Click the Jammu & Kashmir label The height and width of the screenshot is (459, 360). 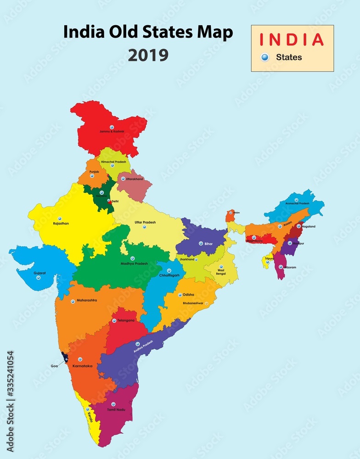point(112,132)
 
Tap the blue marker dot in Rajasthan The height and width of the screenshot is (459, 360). point(60,218)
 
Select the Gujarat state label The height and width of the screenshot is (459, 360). point(39,273)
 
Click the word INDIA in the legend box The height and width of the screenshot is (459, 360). point(292,39)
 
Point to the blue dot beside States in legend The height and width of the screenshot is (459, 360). point(264,57)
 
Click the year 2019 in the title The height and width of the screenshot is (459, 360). point(148,55)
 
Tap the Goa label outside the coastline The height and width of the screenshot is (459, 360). point(55,366)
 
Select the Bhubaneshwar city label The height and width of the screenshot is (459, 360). point(194,303)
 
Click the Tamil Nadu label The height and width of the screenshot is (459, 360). point(116,409)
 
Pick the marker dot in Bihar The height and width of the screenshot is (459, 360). point(201,243)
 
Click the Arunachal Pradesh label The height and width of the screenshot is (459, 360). point(297,203)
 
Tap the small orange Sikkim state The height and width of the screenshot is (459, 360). point(230,215)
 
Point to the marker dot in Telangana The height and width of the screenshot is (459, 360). point(114,320)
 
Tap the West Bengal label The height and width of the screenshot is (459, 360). point(221,272)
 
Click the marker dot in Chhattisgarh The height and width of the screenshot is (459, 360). point(169,270)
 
